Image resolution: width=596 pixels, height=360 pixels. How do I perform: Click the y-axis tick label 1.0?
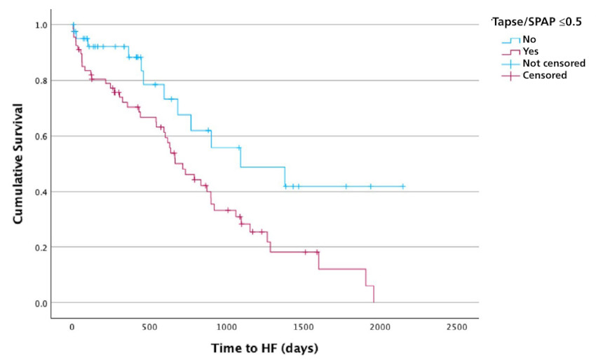click(41, 25)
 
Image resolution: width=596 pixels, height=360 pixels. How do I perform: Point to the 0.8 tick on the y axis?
click(41, 81)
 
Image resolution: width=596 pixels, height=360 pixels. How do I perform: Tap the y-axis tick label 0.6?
click(41, 136)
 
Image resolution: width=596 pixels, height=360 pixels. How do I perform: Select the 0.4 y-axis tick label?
click(41, 192)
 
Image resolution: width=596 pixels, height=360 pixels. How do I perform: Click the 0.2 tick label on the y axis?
click(41, 247)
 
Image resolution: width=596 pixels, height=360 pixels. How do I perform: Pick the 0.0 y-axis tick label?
click(41, 303)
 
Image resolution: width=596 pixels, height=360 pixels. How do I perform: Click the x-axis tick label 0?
click(72, 327)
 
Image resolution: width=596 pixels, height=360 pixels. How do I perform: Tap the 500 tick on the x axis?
click(149, 327)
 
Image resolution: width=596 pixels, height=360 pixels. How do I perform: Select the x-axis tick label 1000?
click(226, 327)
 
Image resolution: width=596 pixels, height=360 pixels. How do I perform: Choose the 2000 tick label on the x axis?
click(380, 327)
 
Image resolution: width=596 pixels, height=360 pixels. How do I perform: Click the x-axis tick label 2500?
click(456, 327)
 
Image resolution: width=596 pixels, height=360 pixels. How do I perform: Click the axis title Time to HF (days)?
click(264, 348)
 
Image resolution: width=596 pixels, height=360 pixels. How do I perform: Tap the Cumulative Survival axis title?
click(18, 164)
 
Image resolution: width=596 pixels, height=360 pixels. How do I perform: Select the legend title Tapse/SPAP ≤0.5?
click(536, 22)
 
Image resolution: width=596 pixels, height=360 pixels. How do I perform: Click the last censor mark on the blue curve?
click(403, 187)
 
